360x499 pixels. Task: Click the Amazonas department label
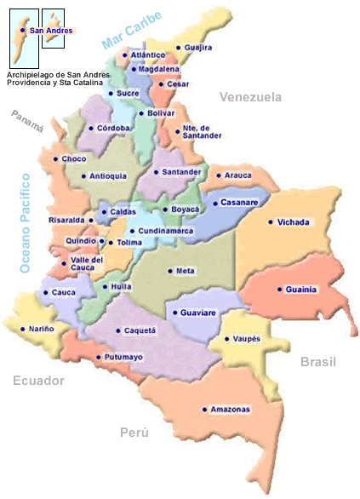point(231,410)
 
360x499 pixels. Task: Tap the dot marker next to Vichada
point(271,222)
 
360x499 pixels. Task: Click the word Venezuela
point(250,97)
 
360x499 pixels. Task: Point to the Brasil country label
point(319,362)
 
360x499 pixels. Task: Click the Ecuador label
point(38,381)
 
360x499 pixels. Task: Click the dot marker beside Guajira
point(178,49)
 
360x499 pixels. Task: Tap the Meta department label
point(186,272)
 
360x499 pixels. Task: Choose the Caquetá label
point(140,330)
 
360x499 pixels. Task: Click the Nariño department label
point(42,329)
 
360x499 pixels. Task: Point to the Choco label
point(75,159)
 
